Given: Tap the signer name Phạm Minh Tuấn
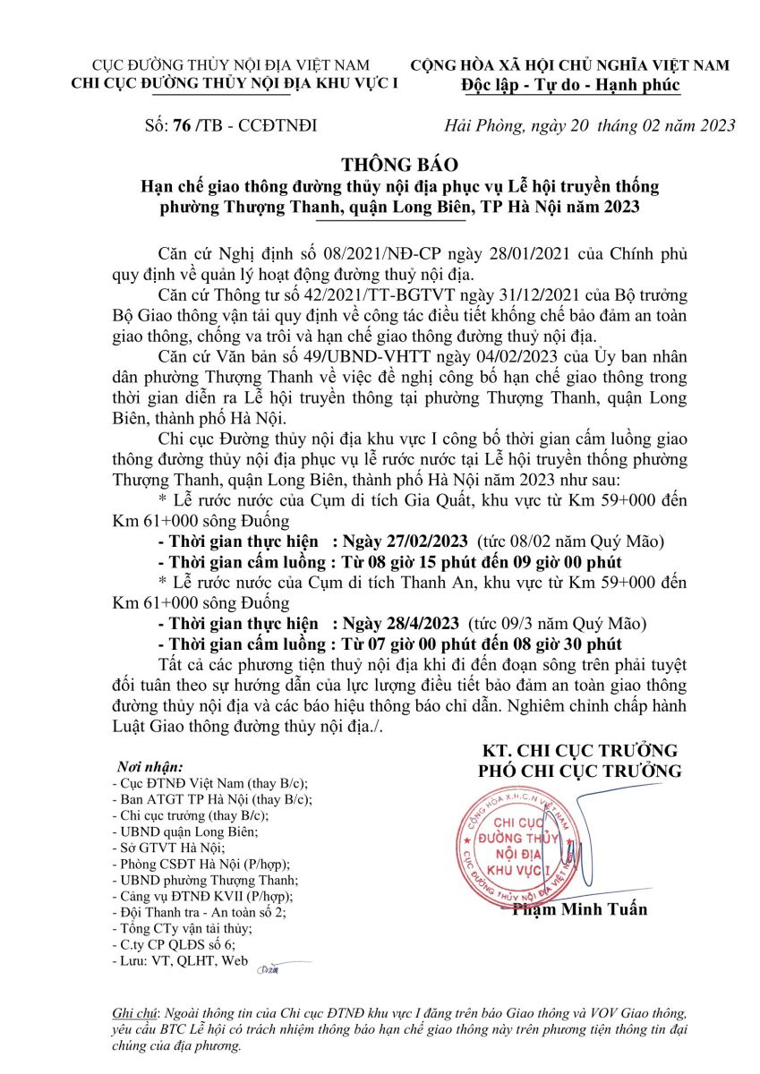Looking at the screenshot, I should [579, 909].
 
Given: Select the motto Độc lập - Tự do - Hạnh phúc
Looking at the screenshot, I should [570, 86].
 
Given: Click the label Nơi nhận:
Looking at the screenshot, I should [150, 768].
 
